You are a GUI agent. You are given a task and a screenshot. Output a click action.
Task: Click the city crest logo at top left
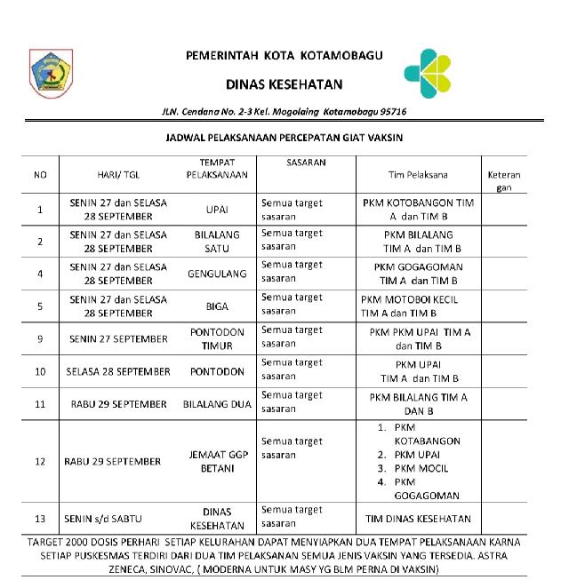coord(51,72)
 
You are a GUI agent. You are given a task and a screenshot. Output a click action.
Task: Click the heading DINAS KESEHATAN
coord(284,84)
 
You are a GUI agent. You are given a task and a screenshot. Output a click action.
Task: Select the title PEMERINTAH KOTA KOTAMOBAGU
coord(284,55)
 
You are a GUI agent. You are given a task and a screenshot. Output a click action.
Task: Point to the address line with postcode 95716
coord(284,114)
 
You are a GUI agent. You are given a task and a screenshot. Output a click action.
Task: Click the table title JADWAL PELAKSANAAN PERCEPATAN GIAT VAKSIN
coord(284,139)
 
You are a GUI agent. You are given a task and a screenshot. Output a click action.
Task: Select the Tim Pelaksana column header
coord(419,175)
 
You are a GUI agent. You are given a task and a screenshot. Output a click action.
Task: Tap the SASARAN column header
coord(306,163)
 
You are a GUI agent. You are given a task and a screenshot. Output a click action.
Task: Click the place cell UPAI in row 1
coord(217,211)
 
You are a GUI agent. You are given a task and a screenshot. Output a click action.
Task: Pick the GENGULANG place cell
coord(217,274)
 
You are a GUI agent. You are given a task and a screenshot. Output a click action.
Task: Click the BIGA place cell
coord(217,306)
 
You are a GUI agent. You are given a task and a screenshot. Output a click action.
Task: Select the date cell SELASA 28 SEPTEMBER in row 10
coord(117,371)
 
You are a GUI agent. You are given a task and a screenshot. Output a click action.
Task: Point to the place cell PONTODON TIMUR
coord(217,338)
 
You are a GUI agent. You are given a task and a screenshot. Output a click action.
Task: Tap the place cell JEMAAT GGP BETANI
coord(217,461)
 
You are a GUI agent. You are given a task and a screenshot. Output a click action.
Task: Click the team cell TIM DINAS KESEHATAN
coord(419,519)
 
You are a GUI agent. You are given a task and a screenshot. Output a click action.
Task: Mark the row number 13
coord(40,519)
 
